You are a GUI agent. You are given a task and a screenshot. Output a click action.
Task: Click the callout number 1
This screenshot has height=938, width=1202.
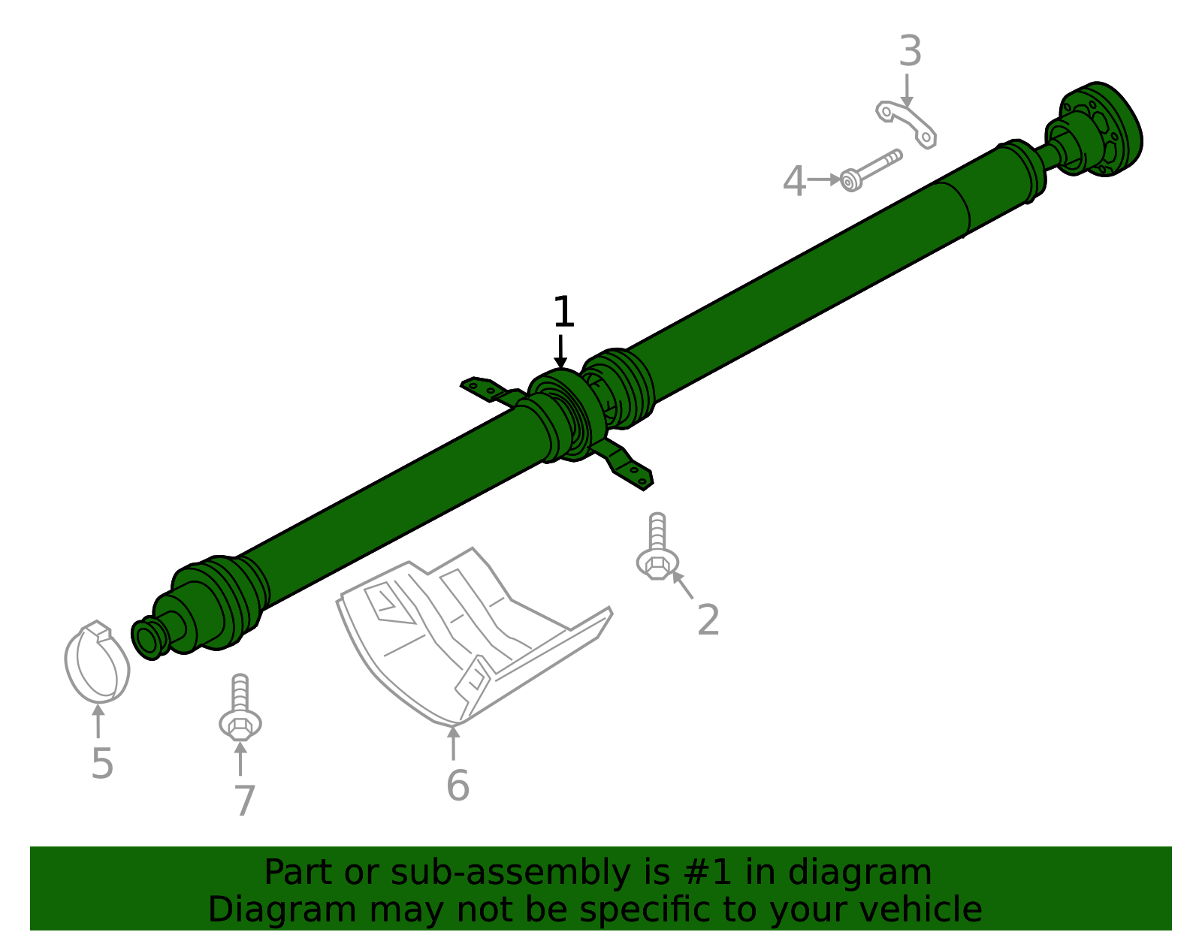click(x=563, y=312)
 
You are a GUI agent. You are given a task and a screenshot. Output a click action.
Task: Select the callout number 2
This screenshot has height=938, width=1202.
click(x=708, y=620)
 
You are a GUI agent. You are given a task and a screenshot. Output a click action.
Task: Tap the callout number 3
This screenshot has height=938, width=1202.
click(x=910, y=52)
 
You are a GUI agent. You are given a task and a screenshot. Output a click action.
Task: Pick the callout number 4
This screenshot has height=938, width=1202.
click(x=793, y=182)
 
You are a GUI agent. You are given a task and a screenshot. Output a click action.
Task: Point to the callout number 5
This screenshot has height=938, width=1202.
click(x=101, y=764)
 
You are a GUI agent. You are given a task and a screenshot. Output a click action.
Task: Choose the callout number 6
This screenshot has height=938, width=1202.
click(x=457, y=786)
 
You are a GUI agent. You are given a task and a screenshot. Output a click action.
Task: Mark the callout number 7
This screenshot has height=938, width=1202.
click(x=244, y=801)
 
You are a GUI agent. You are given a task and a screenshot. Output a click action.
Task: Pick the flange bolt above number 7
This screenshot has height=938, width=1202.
click(x=240, y=710)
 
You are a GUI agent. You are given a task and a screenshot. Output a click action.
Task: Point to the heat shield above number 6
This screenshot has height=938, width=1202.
click(x=466, y=631)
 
